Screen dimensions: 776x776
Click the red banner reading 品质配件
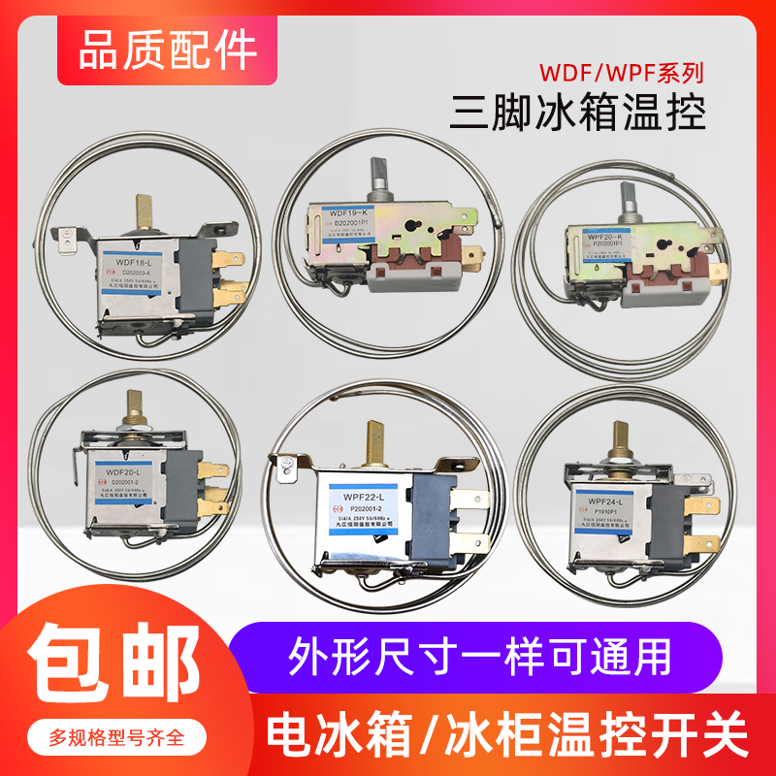tap(154, 48)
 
